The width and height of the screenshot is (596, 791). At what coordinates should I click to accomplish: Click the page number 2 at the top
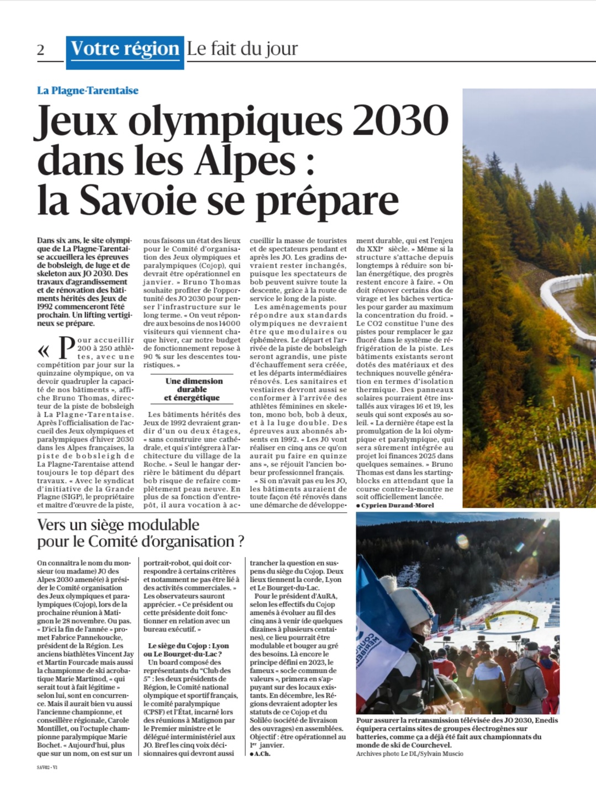pyautogui.click(x=41, y=50)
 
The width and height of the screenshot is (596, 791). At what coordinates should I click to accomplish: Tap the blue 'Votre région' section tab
pyautogui.click(x=125, y=49)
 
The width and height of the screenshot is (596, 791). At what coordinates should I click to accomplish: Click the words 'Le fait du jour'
pyautogui.click(x=242, y=49)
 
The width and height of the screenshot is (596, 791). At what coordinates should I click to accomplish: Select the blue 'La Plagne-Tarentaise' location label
pyautogui.click(x=88, y=91)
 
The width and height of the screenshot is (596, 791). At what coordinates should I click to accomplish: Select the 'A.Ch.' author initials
pyautogui.click(x=262, y=753)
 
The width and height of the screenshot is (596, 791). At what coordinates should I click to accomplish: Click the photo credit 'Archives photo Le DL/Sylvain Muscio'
pyautogui.click(x=409, y=753)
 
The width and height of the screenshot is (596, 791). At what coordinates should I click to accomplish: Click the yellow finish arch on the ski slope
pyautogui.click(x=505, y=617)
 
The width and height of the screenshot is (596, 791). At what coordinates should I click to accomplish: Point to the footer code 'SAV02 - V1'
pyautogui.click(x=48, y=767)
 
